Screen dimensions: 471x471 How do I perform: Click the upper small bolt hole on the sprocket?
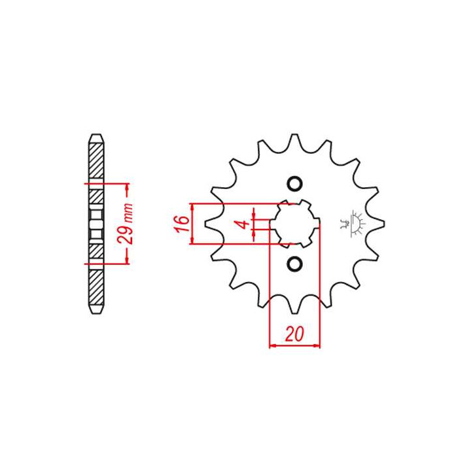pyautogui.click(x=294, y=183)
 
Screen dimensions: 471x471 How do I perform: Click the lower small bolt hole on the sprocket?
pyautogui.click(x=294, y=264)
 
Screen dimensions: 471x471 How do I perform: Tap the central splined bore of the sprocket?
pyautogui.click(x=294, y=223)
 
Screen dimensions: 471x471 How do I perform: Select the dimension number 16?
pyautogui.click(x=184, y=224)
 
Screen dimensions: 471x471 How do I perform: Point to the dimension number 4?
pyautogui.click(x=243, y=224)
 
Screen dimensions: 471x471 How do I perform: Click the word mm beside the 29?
pyautogui.click(x=128, y=212)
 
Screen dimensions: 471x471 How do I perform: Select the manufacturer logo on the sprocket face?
pyautogui.click(x=357, y=222)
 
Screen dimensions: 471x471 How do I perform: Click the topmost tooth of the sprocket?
pyautogui.click(x=294, y=139)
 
